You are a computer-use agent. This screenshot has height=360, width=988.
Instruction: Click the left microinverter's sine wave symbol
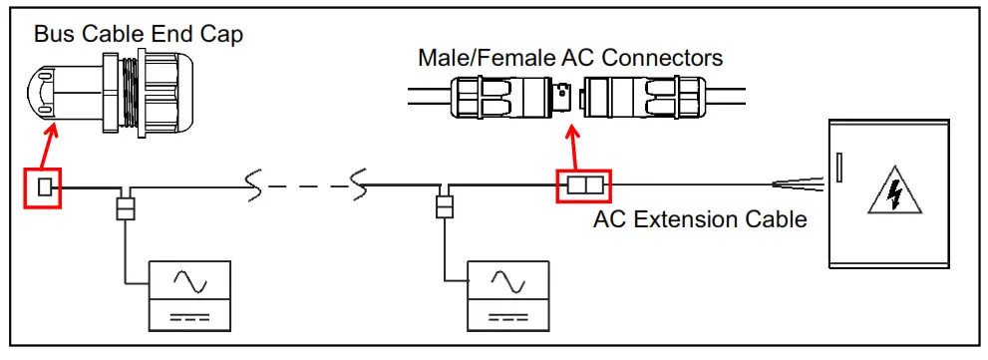189,282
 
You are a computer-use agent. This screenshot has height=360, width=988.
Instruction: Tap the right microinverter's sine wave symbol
508,282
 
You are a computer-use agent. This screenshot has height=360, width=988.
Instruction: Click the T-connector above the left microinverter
126,206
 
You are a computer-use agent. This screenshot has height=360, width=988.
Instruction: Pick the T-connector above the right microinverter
445,206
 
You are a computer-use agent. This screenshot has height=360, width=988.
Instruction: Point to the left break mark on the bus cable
254,184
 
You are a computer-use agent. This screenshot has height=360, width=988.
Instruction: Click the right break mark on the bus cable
360,184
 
